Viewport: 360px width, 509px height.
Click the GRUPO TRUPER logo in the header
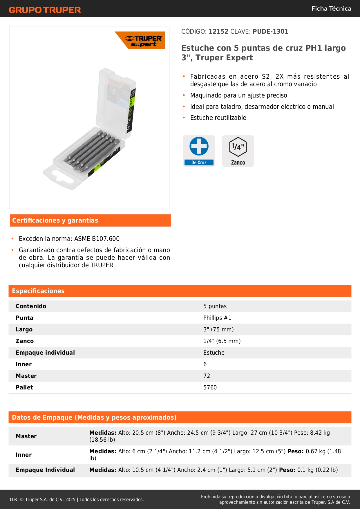click(45, 10)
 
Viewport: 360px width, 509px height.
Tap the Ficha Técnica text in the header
click(331, 8)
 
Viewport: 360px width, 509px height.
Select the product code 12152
click(218, 31)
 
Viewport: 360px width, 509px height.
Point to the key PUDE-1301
click(270, 31)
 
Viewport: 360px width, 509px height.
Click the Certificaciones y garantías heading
click(55, 221)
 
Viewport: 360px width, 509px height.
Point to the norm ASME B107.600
click(97, 239)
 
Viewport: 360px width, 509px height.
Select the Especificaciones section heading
click(38, 291)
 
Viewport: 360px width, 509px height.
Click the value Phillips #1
click(217, 318)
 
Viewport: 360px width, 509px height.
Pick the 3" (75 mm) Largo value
click(218, 329)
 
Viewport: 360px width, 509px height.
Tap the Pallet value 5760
click(210, 387)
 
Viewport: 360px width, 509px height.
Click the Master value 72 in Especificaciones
click(207, 376)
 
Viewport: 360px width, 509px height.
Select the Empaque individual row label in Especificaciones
click(45, 353)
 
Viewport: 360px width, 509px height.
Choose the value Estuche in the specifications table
click(214, 353)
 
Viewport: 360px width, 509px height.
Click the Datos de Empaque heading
click(94, 418)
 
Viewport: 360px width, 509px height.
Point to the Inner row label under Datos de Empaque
click(24, 455)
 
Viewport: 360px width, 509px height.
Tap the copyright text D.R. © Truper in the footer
click(42, 499)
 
